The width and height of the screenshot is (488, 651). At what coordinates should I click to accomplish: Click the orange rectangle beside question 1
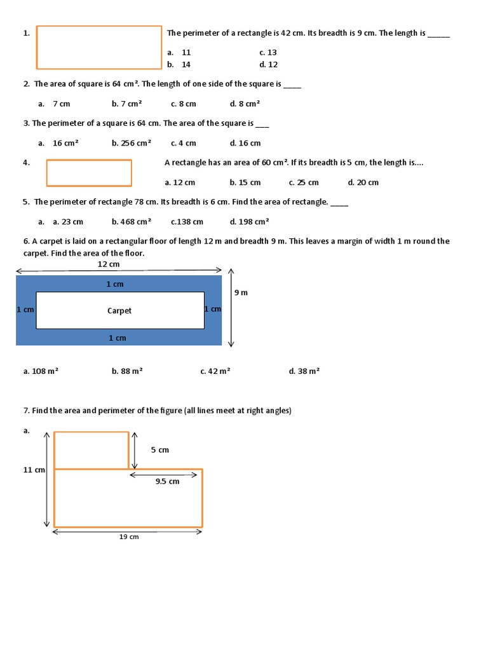click(x=99, y=47)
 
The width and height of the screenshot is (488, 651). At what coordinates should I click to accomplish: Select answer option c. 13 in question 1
click(x=268, y=53)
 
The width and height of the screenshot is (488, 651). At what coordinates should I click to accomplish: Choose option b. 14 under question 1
click(x=179, y=64)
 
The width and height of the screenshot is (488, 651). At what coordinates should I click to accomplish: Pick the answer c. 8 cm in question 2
click(x=184, y=104)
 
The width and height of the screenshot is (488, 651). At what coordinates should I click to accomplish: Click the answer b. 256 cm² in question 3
click(x=132, y=143)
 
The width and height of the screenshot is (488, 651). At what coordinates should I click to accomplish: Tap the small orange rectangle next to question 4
click(x=89, y=173)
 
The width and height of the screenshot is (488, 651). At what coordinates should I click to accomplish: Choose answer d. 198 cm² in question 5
click(x=250, y=222)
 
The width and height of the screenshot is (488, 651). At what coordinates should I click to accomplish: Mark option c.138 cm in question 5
click(x=187, y=222)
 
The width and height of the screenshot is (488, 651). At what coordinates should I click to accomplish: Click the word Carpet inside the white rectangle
click(x=119, y=311)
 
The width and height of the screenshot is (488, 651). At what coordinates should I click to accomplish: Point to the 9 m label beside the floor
click(x=241, y=292)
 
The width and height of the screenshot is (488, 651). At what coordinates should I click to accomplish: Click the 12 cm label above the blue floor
click(x=109, y=264)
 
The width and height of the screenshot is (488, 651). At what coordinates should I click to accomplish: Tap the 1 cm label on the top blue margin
click(x=115, y=284)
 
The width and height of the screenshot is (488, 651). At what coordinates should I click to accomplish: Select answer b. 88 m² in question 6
click(x=127, y=371)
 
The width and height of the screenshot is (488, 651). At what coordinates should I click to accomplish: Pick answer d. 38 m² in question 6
click(x=304, y=371)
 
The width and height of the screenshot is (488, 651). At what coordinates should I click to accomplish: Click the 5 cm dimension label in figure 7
click(x=160, y=450)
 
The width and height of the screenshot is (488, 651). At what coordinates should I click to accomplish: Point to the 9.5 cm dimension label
click(x=168, y=481)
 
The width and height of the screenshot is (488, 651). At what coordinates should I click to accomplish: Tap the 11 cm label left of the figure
click(x=34, y=470)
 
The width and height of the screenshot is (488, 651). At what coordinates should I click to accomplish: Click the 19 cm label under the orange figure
click(x=129, y=537)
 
